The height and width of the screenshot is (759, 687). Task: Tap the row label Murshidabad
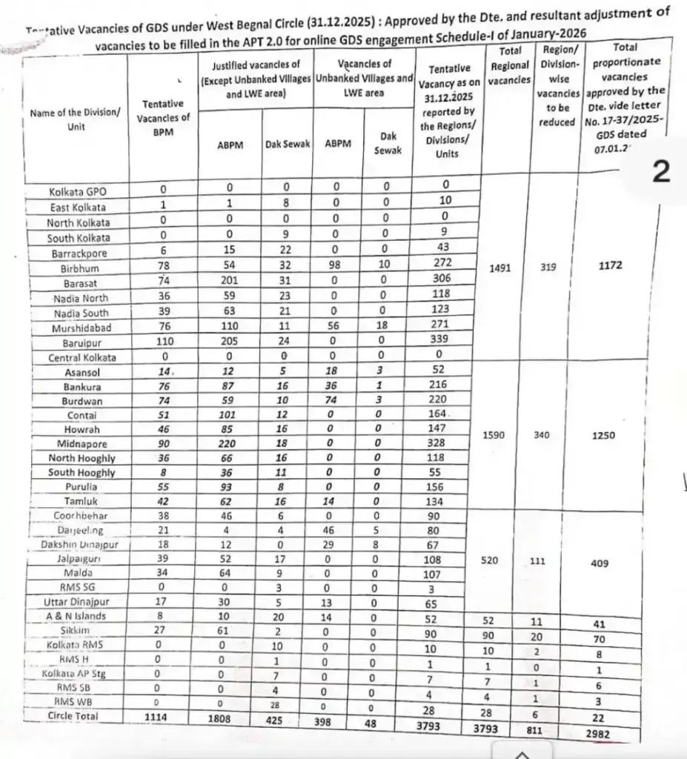click(x=77, y=328)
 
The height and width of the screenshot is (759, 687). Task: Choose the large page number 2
click(x=660, y=172)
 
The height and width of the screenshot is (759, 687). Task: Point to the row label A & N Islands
click(x=77, y=615)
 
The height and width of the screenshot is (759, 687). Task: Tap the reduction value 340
click(x=542, y=436)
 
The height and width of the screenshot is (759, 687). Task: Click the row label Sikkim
click(x=77, y=630)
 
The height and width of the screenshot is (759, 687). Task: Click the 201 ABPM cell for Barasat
click(x=230, y=282)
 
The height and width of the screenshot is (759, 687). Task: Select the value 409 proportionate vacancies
click(x=600, y=563)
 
